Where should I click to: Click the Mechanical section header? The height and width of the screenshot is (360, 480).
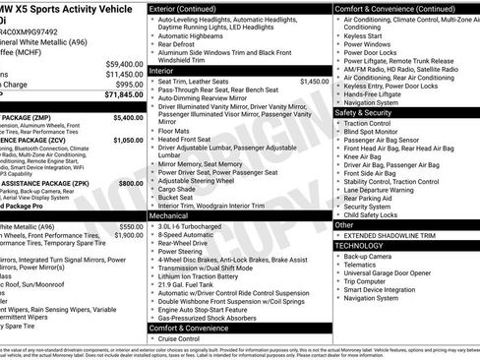[169, 213]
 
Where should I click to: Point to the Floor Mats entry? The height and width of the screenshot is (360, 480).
[174, 130]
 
